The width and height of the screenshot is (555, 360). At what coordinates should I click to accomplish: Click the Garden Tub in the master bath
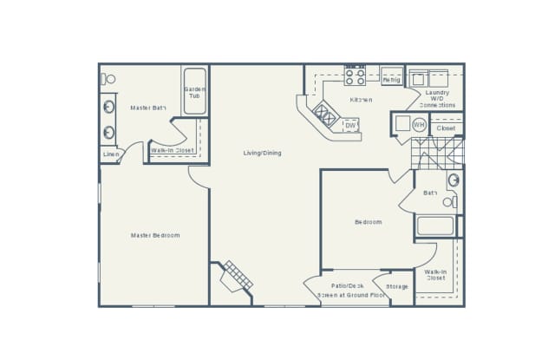194,91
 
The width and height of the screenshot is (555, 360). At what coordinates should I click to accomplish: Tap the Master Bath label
148,108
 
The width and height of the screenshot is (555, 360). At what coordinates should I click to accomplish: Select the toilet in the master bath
109,79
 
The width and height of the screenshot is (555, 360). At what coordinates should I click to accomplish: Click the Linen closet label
111,154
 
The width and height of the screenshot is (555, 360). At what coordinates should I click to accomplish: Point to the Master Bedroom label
155,235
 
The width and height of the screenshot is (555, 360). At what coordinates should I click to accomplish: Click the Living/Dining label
262,154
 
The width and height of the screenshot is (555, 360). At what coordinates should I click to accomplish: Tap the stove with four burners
356,76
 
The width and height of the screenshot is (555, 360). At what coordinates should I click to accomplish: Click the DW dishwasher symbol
350,126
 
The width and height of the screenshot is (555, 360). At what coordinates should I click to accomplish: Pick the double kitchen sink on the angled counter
327,114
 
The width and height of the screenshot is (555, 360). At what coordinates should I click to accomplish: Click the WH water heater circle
419,125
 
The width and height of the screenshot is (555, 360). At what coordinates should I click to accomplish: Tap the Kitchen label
362,100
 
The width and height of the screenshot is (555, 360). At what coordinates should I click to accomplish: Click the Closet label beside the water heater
446,128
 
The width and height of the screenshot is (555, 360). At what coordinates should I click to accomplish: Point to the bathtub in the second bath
435,226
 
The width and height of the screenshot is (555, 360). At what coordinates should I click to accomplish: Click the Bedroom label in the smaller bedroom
368,222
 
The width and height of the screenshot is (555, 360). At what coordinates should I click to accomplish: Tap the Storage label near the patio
397,286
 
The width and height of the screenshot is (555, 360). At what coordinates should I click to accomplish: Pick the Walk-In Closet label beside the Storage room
435,275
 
